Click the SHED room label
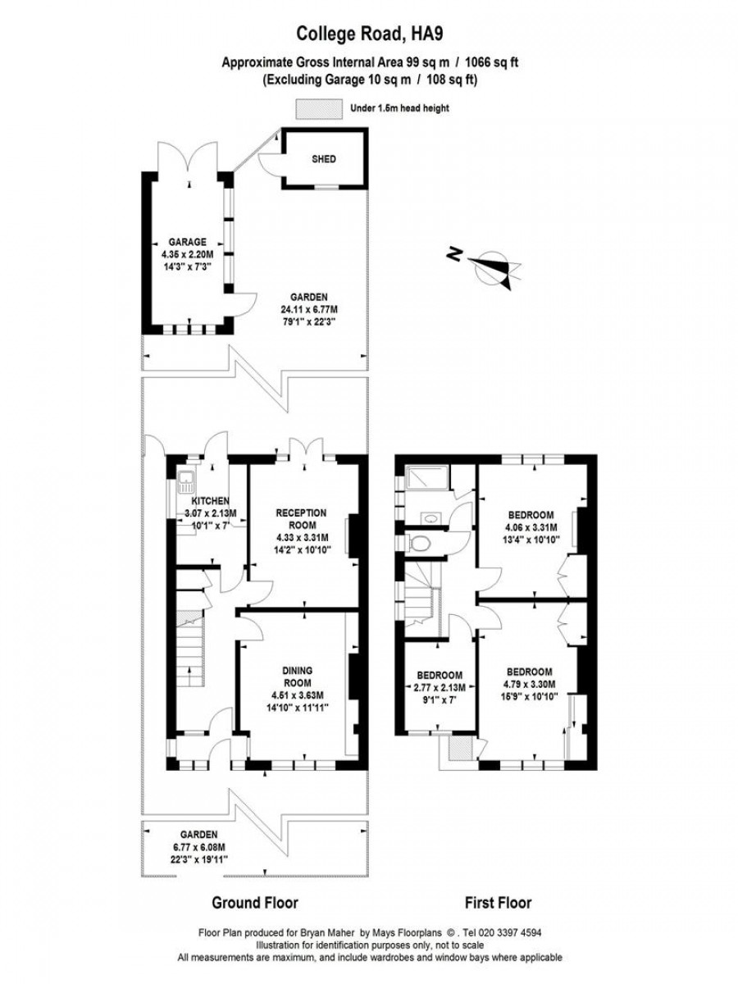pos(324,159)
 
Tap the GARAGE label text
pos(187,242)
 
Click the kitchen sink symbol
pos(185,483)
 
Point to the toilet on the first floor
pos(418,543)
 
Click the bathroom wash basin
pos(431,519)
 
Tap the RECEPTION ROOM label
pos(302,519)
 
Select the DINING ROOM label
pos(297,677)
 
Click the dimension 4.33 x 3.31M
pos(302,537)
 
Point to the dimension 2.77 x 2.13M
pos(440,687)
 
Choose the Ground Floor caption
pos(255,890)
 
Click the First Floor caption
pos(499,890)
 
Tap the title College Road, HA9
pos(370,34)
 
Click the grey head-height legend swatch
pos(319,109)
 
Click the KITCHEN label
pos(211,501)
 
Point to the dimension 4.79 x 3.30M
pos(529,685)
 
